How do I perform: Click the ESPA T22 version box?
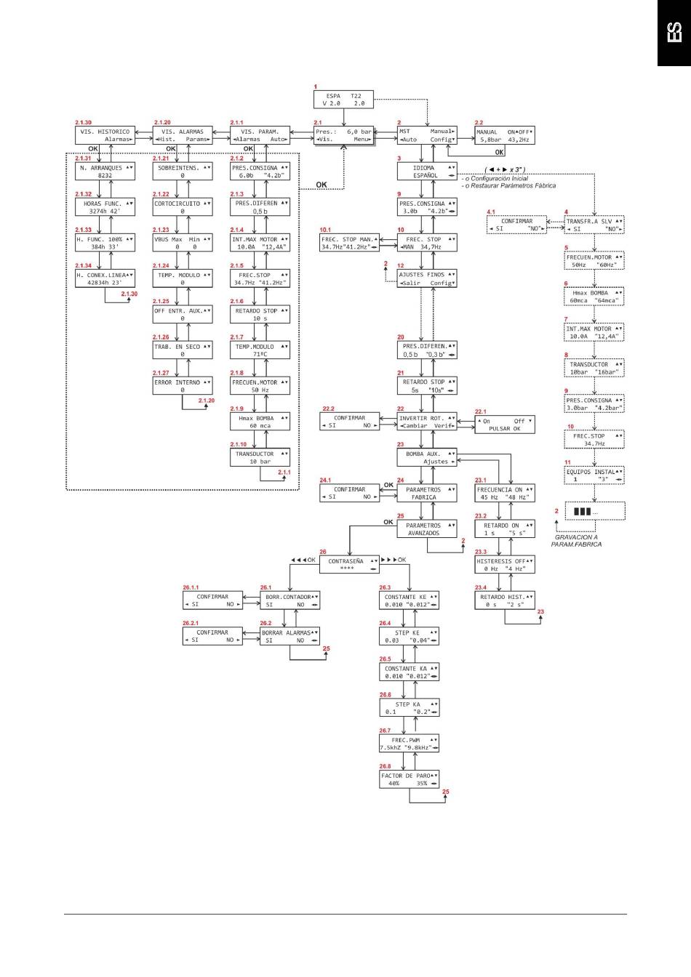click(x=343, y=100)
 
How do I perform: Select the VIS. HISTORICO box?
click(x=105, y=135)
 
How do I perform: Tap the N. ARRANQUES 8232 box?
click(x=105, y=172)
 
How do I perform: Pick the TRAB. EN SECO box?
click(x=183, y=350)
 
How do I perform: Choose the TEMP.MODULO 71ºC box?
click(x=260, y=350)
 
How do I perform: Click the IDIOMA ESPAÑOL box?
click(x=427, y=172)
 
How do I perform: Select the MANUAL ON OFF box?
click(x=504, y=136)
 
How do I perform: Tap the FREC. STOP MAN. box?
click(x=349, y=243)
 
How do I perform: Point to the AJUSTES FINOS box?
click(x=427, y=279)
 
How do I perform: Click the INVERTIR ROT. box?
click(x=427, y=422)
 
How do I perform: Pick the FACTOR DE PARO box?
click(x=409, y=779)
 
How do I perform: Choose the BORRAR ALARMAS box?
click(x=290, y=636)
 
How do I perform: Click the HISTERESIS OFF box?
click(x=504, y=565)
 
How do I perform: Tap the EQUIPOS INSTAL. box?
click(x=594, y=475)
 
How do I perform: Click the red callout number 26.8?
click(x=385, y=766)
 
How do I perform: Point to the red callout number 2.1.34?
click(x=84, y=266)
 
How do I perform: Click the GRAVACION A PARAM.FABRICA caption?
click(x=577, y=540)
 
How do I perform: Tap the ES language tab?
click(x=674, y=33)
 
